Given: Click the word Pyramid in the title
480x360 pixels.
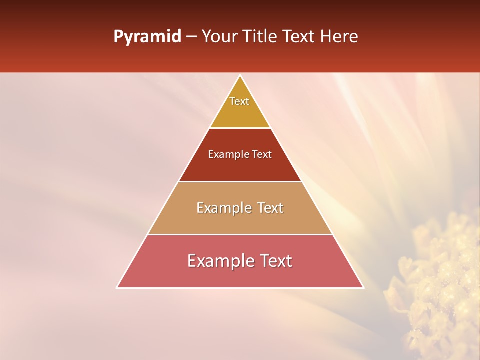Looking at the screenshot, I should (147, 37).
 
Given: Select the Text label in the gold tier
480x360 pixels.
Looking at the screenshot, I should (239, 101).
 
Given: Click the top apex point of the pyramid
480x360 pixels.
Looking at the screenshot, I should (240, 76).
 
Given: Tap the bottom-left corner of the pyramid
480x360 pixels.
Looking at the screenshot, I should (117, 287).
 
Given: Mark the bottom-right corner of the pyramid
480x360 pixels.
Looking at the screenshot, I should (363, 287).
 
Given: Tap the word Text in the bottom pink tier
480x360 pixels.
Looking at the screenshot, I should (275, 261).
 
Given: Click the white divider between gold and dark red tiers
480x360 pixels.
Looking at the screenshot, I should (240, 128).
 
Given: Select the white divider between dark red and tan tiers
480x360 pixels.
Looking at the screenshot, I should (240, 181).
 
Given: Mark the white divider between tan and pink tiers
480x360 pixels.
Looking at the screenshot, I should (240, 234).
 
